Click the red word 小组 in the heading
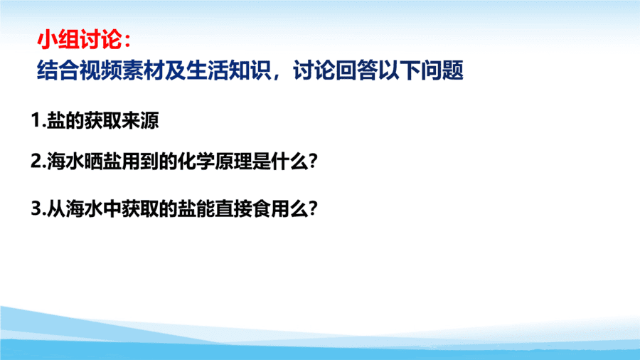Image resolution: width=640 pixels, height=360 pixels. click(58, 40)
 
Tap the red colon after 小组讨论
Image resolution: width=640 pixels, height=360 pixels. click(127, 41)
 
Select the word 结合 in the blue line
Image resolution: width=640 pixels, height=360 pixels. click(58, 70)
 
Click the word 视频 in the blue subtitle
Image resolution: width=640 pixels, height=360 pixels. click(100, 70)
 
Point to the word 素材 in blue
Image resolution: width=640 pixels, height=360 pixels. click(143, 70)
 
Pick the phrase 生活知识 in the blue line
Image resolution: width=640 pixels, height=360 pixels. click(228, 70)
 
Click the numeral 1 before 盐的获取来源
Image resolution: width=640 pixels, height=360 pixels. click(36, 120)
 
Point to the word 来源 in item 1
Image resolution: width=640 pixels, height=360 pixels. click(140, 120)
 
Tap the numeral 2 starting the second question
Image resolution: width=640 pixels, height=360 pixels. click(36, 162)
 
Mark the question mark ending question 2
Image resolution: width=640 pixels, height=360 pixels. click(313, 162)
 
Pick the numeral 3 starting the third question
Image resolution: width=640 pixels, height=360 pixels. click(36, 208)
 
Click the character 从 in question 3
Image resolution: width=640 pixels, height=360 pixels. click(56, 208)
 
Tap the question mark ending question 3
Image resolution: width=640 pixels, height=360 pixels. click(313, 209)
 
